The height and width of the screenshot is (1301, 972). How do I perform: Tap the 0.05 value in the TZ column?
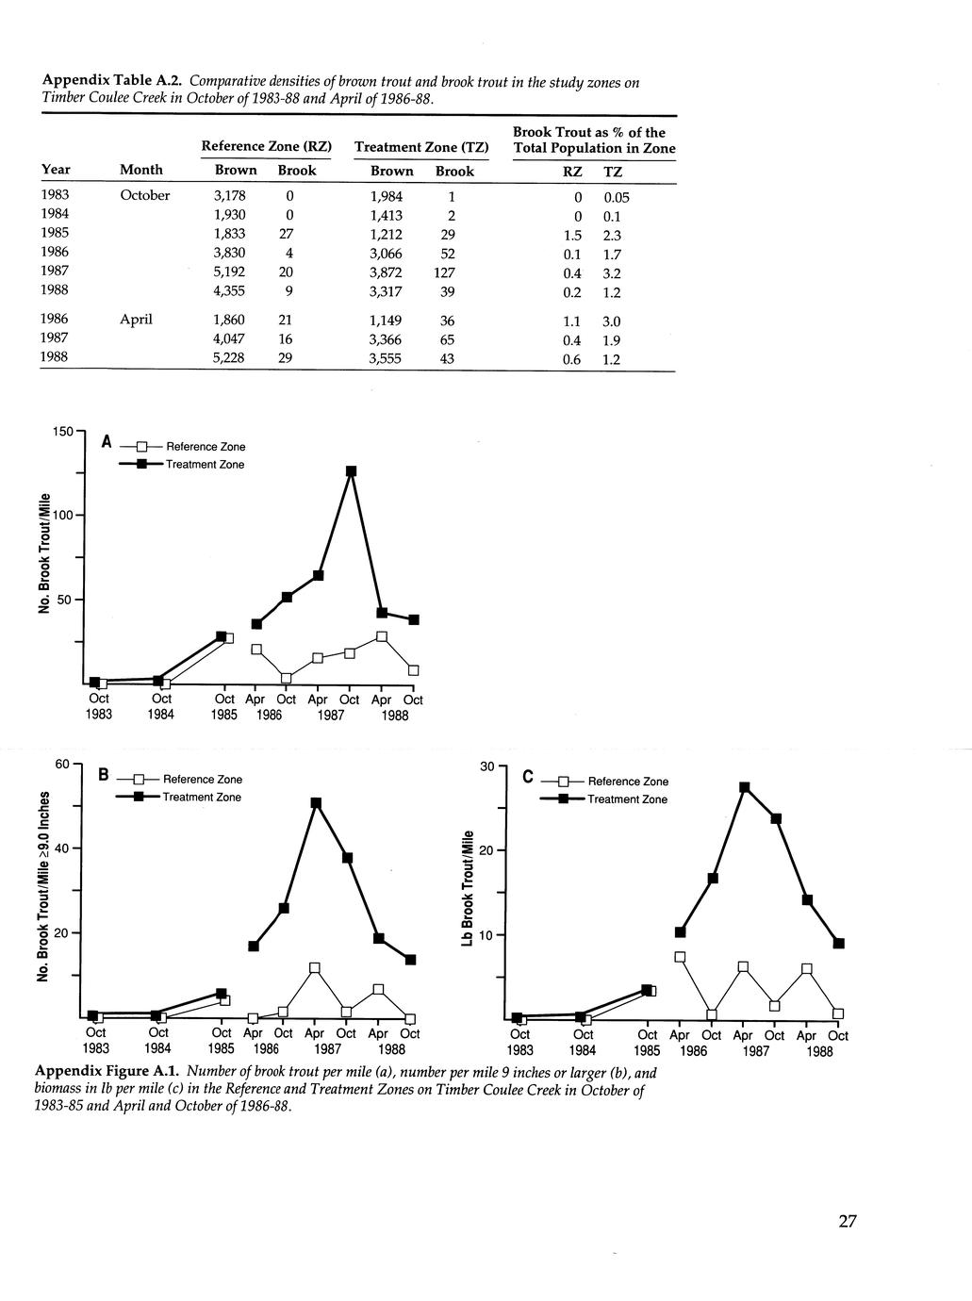[616, 198]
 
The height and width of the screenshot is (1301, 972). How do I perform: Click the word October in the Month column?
[145, 195]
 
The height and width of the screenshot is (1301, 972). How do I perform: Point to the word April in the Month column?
[136, 320]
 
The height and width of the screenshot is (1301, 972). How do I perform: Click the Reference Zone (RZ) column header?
[267, 147]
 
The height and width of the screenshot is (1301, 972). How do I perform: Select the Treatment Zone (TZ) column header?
[421, 147]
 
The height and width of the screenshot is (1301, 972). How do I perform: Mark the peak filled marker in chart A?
[351, 471]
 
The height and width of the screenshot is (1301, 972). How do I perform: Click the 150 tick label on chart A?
[62, 432]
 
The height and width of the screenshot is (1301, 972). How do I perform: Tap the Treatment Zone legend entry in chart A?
[205, 465]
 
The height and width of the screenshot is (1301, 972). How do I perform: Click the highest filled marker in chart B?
[316, 803]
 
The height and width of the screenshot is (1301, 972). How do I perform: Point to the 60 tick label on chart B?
[61, 764]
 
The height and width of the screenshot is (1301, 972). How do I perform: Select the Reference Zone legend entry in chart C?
[628, 782]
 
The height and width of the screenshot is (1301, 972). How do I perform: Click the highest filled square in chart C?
[745, 787]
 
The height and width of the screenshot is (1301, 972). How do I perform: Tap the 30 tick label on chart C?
[486, 766]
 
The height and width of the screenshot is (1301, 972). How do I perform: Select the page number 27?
[847, 1222]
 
